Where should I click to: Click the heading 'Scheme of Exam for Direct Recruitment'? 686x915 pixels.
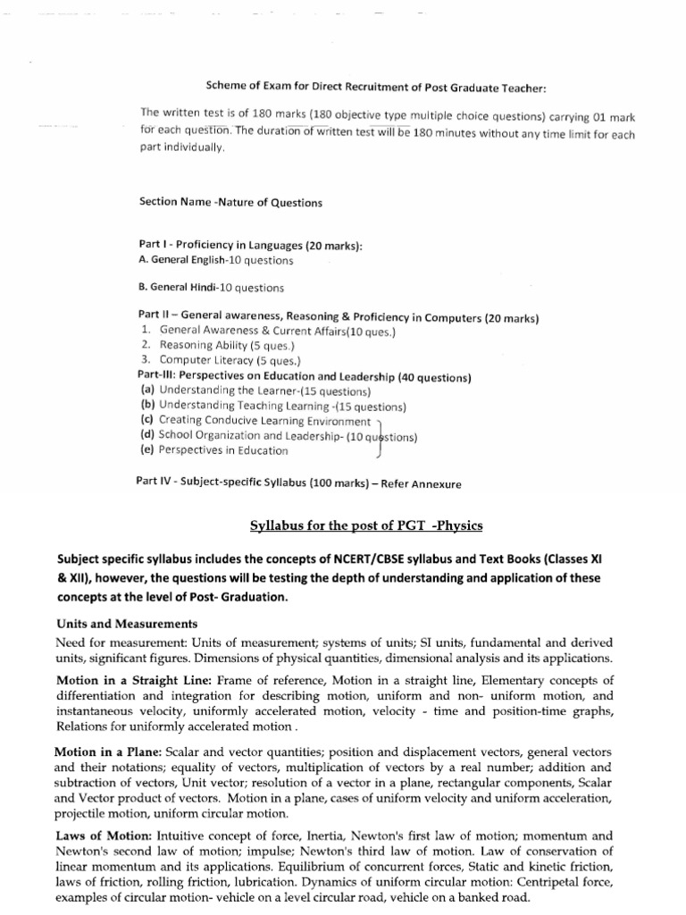(375, 87)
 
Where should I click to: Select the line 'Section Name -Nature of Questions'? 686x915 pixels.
(230, 202)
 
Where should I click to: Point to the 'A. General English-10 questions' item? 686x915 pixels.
(215, 261)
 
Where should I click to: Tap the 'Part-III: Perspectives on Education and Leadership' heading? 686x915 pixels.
(304, 376)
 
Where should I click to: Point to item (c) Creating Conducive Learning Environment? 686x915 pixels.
(255, 421)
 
